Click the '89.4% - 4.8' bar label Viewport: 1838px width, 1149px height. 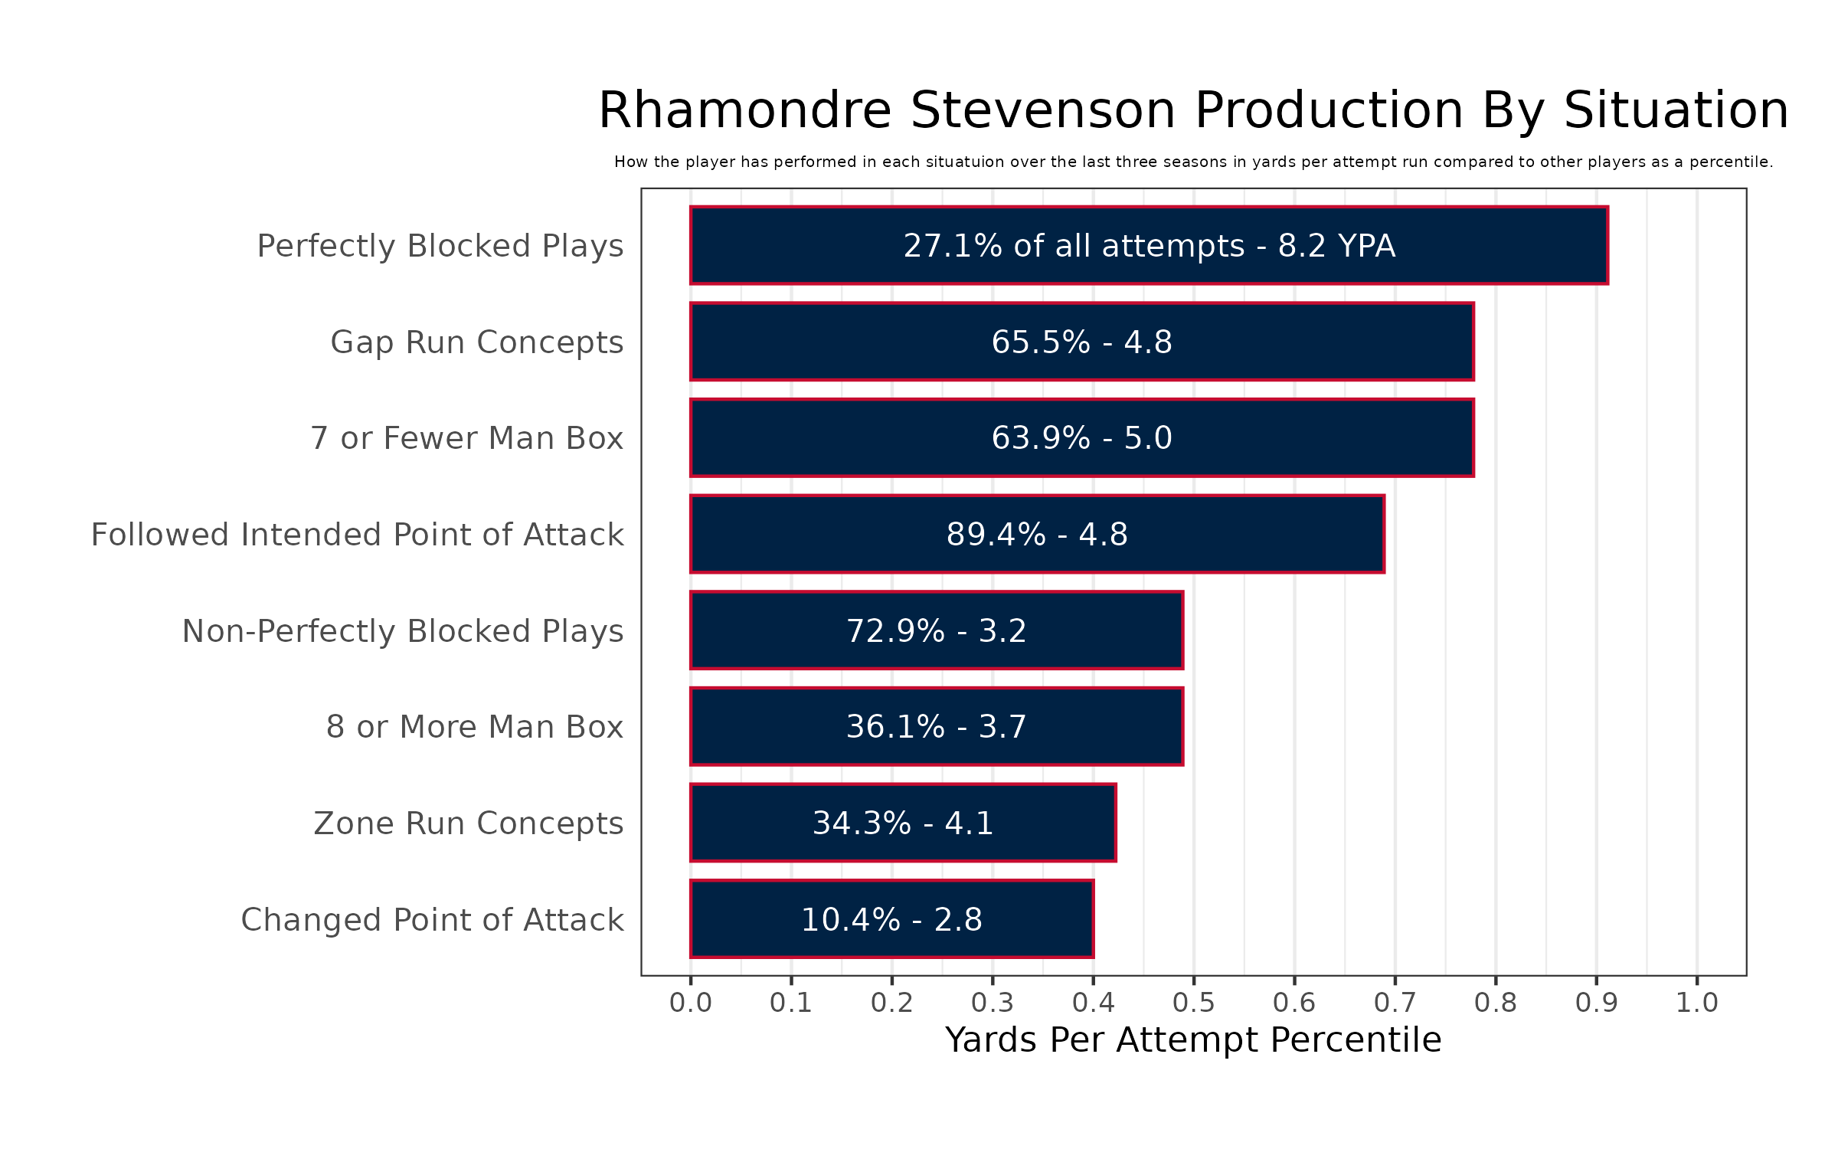point(1037,535)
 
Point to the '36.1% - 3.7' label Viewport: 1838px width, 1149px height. point(936,727)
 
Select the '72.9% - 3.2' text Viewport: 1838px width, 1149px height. point(936,631)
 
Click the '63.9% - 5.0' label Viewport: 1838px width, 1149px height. point(1081,438)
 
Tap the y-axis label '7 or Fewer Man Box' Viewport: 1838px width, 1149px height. point(466,438)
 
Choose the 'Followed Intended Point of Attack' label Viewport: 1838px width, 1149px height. point(357,535)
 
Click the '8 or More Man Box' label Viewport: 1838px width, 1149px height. point(474,727)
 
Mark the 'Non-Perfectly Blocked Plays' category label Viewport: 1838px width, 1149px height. point(402,631)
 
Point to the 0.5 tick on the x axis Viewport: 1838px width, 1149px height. point(1194,1003)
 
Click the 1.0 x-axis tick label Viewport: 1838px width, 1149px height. point(1697,1003)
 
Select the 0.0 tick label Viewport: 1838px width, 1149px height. point(691,1003)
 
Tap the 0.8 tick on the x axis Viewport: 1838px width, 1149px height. point(1496,1003)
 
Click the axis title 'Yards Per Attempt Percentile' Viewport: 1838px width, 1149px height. point(1193,1040)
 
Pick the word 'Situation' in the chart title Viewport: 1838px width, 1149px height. point(1676,110)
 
